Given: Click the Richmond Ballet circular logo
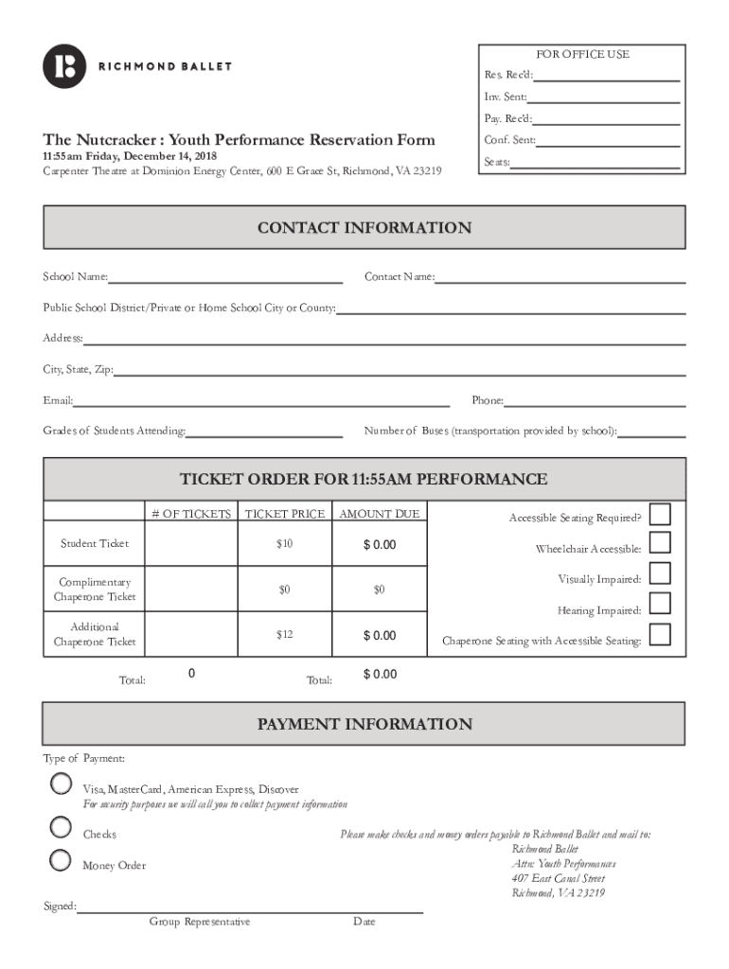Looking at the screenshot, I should tap(64, 66).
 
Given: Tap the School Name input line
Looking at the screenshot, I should tap(225, 280).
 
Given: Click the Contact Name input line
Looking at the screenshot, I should tap(560, 280).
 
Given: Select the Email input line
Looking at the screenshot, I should tap(261, 404).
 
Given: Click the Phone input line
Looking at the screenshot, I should tap(595, 404).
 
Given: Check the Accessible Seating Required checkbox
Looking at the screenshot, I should tap(660, 514).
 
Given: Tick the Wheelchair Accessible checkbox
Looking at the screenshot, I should tap(660, 543).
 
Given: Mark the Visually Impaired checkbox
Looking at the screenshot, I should tap(660, 573).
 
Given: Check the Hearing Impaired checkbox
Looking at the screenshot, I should tap(660, 604).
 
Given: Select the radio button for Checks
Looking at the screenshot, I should tap(60, 828).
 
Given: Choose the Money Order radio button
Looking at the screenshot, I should tap(60, 860).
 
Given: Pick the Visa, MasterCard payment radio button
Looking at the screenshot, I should tap(60, 784).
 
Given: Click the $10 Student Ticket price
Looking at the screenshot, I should tap(285, 543).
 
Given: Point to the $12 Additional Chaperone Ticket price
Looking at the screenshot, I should tap(285, 634).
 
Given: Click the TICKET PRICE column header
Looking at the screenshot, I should tap(285, 514).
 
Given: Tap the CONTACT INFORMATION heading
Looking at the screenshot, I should tap(364, 228).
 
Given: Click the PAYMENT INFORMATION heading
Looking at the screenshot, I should tap(364, 725).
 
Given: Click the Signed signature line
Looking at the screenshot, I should tap(250, 911).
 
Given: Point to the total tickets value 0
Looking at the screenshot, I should tap(192, 674).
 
